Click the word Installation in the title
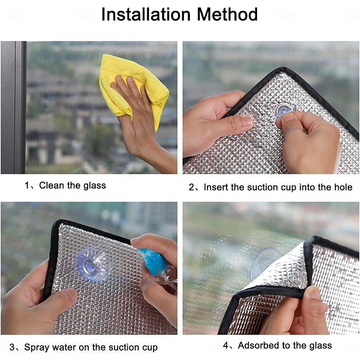[x=146, y=14]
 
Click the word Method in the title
[x=227, y=14]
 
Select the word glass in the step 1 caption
[x=94, y=186]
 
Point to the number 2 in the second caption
[x=192, y=187]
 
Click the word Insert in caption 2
[x=216, y=187]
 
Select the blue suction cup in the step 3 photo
[x=94, y=264]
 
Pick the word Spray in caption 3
[x=36, y=347]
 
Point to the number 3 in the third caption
[x=12, y=347]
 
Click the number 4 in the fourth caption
[x=226, y=346]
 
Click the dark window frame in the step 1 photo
[x=13, y=108]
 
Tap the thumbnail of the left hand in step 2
[x=247, y=121]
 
